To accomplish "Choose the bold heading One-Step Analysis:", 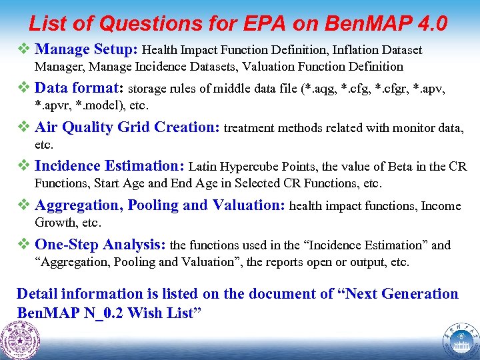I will coord(100,245).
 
